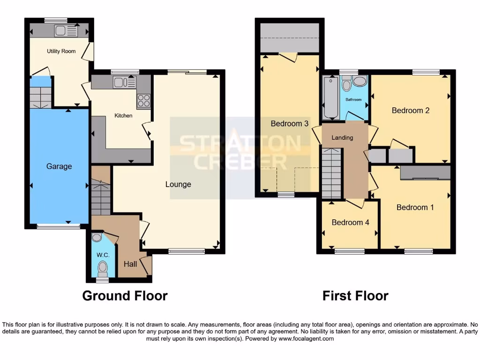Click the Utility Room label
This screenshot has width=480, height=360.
pos(61,51)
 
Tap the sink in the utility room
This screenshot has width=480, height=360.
pos(66,31)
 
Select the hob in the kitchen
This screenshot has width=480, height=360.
pos(143,101)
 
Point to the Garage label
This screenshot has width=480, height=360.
pos(59,166)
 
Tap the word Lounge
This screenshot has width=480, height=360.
pos(178,184)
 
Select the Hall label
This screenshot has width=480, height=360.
pos(130,264)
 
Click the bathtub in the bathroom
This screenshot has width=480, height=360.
pos(330,97)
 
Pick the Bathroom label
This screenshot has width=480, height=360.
pos(353,100)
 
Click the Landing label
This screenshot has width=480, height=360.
pos(342,137)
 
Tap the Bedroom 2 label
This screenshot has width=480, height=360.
pos(411,111)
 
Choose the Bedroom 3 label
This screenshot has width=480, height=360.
pos(289,124)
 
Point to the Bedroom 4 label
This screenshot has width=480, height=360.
pos(350,222)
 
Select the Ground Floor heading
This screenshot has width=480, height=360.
pos(125,296)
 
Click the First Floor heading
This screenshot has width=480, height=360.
pos(355,296)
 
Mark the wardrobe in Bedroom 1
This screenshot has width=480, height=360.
pos(425,173)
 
